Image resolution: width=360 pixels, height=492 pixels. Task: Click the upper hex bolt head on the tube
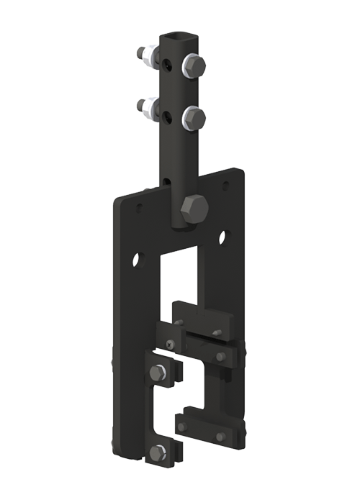pyautogui.click(x=194, y=67)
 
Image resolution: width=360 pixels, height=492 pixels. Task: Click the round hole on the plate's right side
pyautogui.click(x=223, y=237)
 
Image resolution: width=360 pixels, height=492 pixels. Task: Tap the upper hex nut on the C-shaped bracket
pyautogui.click(x=159, y=373)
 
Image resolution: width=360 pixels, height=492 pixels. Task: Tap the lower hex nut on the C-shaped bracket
pyautogui.click(x=159, y=452)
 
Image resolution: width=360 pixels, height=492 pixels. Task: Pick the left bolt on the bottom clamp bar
pyautogui.click(x=182, y=427)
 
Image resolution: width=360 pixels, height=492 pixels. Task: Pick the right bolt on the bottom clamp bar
pyautogui.click(x=220, y=436)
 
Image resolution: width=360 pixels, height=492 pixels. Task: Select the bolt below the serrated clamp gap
pyautogui.click(x=220, y=356)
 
